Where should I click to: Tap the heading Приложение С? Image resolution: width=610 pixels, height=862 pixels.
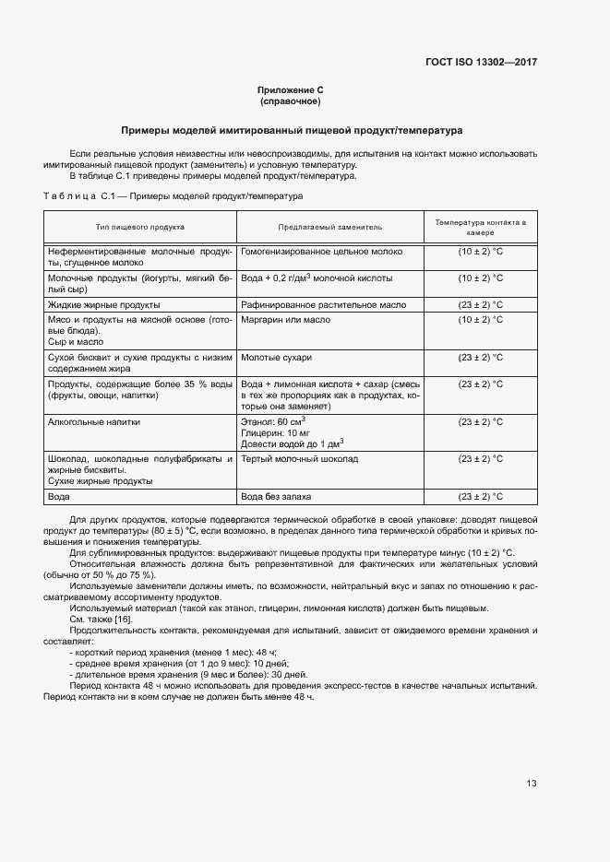point(290,89)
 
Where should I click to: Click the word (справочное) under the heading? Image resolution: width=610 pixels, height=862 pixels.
point(290,101)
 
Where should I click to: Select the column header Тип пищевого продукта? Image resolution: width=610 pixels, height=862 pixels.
point(140,227)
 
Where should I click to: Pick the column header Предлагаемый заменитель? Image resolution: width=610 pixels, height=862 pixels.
point(329,227)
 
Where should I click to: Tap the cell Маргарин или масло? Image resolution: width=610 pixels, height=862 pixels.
point(285,319)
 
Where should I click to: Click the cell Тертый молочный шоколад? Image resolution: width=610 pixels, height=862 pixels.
point(300,458)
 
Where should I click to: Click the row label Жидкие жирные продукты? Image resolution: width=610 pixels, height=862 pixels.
point(103,304)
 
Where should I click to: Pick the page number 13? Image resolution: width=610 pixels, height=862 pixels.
point(532,784)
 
